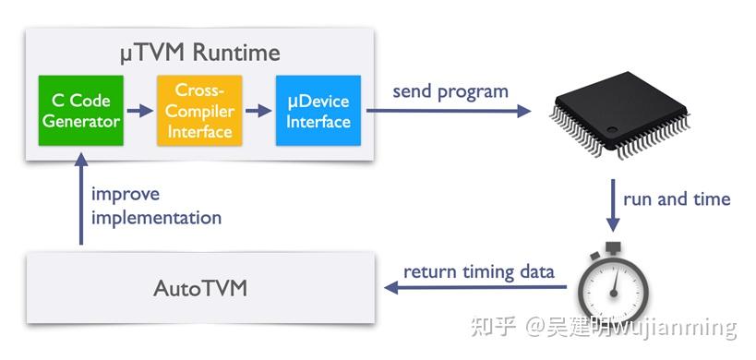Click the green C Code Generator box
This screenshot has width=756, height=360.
click(80, 111)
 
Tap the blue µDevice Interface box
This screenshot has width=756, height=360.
click(318, 111)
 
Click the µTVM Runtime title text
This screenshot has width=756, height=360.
click(199, 51)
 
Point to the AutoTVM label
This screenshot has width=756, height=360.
click(199, 289)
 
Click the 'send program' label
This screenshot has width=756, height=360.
click(450, 91)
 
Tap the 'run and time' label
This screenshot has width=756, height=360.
click(677, 198)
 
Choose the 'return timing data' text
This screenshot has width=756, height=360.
click(480, 271)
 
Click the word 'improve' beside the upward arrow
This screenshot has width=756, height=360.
click(126, 195)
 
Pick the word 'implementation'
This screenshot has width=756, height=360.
click(156, 218)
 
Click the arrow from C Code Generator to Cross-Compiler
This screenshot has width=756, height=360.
click(139, 112)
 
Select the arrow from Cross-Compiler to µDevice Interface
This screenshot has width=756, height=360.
click(258, 112)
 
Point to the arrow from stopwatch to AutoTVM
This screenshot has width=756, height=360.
click(476, 288)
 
